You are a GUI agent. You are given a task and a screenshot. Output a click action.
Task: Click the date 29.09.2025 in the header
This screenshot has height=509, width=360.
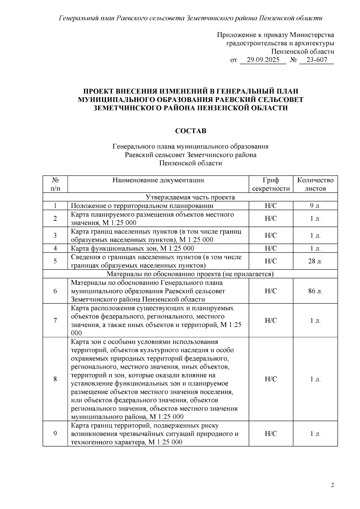[263, 60]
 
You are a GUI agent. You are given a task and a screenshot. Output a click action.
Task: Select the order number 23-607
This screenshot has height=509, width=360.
[317, 60]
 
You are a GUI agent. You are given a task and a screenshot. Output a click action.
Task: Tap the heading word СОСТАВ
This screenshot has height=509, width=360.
[190, 131]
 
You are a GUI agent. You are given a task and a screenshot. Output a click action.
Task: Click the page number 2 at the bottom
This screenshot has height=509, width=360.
[332, 485]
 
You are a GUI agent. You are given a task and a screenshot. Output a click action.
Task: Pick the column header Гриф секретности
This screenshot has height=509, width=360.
[271, 184]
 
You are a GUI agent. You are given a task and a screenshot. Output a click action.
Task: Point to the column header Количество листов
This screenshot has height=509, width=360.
[315, 184]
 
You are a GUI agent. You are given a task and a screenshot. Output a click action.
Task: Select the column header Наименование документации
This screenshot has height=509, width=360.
[158, 180]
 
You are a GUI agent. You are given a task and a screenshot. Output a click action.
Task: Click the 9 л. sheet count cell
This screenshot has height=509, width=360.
[315, 206]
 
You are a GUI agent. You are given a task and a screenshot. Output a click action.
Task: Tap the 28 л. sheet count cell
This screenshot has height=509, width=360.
[315, 261]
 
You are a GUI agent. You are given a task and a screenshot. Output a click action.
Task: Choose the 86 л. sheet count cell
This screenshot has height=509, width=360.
[315, 291]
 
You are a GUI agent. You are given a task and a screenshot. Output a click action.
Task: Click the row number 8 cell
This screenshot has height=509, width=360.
[55, 379]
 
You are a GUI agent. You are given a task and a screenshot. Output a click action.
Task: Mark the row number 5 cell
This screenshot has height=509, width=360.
[55, 261]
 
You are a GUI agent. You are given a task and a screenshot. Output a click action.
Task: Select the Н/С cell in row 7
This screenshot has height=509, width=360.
[271, 321]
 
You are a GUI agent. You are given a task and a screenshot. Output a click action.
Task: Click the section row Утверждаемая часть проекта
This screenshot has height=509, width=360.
[190, 197]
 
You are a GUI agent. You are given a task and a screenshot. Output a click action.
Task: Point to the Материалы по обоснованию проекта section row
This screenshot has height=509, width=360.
[190, 274]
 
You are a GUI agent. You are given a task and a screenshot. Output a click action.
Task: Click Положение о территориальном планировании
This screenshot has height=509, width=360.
[142, 206]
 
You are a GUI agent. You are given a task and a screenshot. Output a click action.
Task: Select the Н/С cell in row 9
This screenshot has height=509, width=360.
[271, 434]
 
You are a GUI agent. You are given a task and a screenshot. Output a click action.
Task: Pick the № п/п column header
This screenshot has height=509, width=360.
[55, 184]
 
